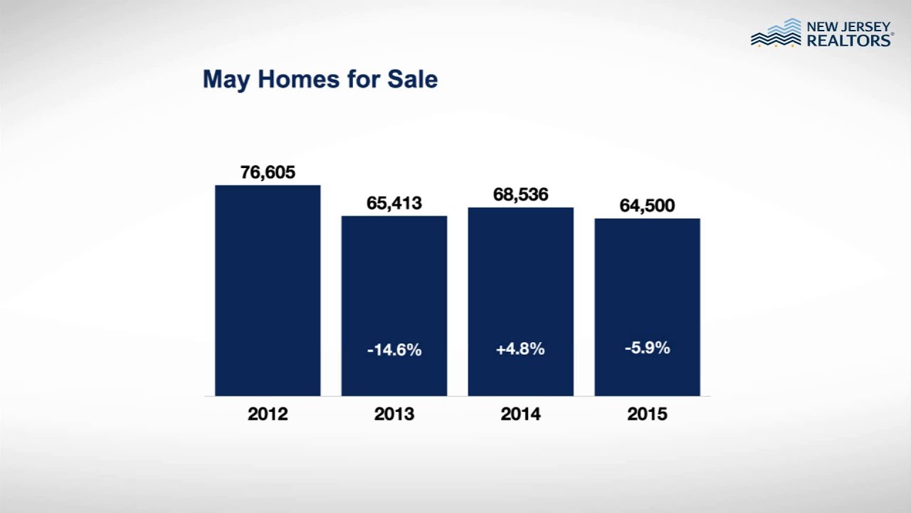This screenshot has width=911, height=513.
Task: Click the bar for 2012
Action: pos(268,290)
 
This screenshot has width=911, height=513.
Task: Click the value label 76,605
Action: pos(268,172)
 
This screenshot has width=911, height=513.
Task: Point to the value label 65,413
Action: pos(394,203)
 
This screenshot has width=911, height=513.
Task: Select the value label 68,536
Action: pos(520,195)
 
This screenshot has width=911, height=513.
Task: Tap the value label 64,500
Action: pos(647,206)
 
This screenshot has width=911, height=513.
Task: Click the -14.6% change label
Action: pos(394,350)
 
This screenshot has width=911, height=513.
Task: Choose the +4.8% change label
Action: pos(520,349)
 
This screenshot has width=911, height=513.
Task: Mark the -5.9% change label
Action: pos(647,348)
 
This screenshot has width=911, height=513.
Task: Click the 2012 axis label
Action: pos(268,414)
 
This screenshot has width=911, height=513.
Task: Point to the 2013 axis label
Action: pos(394,414)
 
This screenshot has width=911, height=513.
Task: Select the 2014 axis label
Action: pos(520,414)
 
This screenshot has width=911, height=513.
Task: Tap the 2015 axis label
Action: pos(647,414)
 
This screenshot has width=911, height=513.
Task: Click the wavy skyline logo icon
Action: pos(776,33)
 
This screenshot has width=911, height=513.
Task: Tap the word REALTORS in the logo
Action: pos(849,41)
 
